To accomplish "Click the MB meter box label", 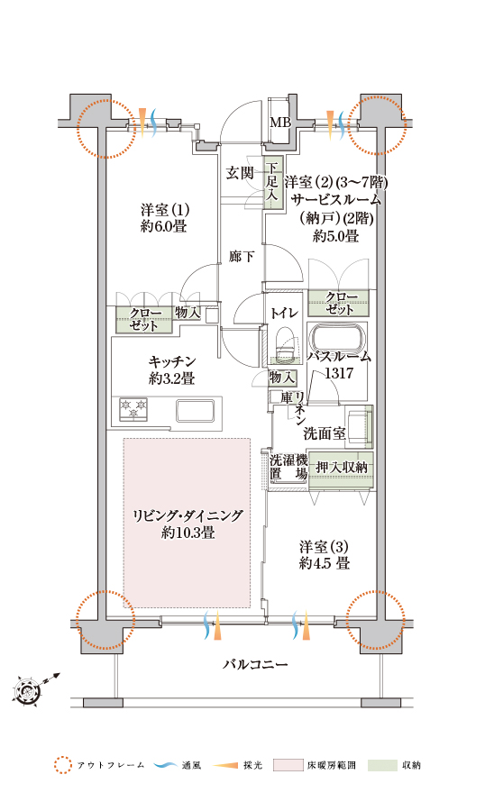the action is click(280, 123).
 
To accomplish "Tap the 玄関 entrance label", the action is click(240, 173).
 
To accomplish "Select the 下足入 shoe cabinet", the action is click(273, 183).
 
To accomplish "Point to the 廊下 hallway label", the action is click(242, 256).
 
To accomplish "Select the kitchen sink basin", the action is click(195, 411).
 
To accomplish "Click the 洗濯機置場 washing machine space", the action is click(288, 467).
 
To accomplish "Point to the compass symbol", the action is click(26, 689).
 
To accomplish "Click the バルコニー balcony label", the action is click(255, 664).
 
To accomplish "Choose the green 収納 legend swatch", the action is click(382, 765).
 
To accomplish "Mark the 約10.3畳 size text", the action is click(188, 533).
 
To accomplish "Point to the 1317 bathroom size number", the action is click(339, 373).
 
